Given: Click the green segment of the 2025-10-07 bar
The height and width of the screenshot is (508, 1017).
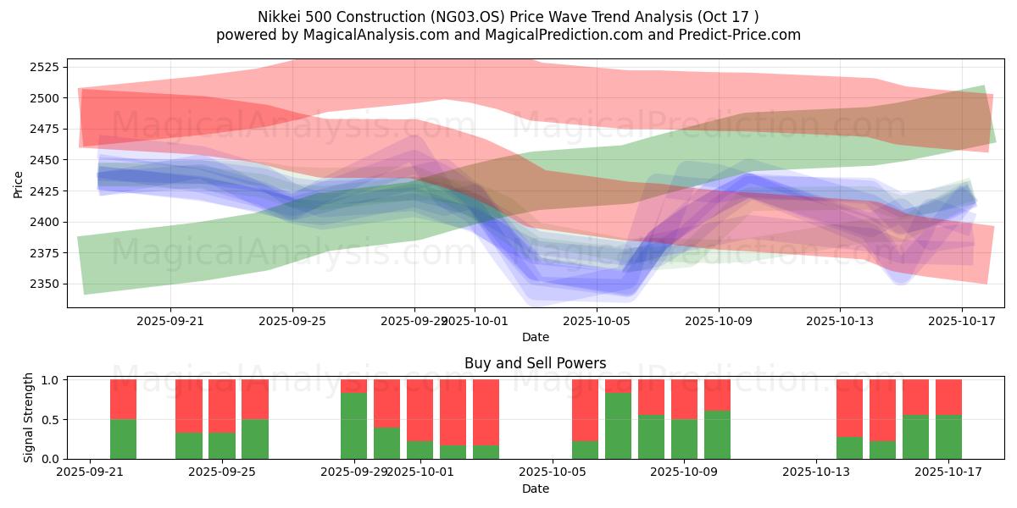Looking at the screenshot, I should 618,426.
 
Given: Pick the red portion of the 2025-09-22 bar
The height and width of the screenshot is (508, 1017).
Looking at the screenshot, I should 123,400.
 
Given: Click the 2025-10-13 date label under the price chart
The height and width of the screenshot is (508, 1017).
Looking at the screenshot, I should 840,321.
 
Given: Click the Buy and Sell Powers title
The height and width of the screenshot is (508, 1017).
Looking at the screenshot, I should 535,363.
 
